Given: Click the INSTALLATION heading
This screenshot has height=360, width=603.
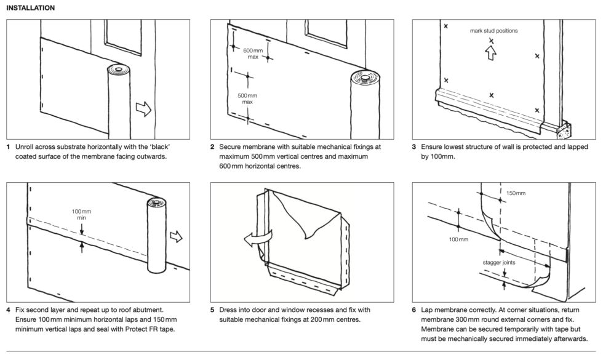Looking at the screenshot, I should (30, 8).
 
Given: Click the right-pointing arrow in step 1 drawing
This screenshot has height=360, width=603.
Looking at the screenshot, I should (143, 109).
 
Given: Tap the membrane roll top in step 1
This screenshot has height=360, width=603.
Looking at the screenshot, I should (117, 70).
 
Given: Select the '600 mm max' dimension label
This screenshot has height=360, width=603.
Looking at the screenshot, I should (251, 53).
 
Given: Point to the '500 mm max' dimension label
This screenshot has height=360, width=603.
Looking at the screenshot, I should (247, 98).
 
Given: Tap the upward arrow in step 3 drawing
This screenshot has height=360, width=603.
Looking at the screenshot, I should (490, 53).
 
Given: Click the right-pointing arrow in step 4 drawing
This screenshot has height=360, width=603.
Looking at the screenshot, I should (177, 236).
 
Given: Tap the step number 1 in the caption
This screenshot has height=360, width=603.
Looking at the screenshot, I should (9, 147).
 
